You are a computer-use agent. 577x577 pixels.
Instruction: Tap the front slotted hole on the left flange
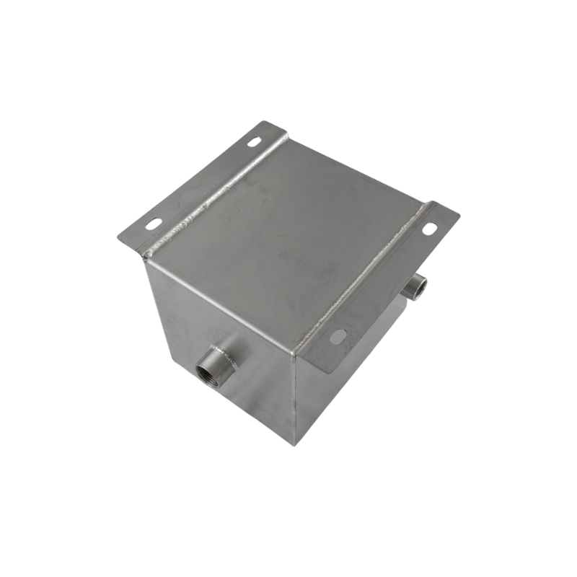pyautogui.click(x=154, y=224)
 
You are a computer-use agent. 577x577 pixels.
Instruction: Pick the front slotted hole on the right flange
pyautogui.click(x=338, y=335)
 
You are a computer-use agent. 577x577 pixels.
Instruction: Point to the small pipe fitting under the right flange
pyautogui.click(x=414, y=288)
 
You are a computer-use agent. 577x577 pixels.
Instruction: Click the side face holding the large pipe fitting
pyautogui.click(x=216, y=339)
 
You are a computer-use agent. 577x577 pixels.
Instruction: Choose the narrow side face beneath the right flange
pyautogui.click(x=346, y=375)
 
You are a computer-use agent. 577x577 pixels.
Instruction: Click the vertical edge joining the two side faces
pyautogui.click(x=292, y=397)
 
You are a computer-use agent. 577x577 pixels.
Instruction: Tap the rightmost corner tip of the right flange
pyautogui.click(x=459, y=216)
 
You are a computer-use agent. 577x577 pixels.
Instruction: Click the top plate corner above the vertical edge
pyautogui.click(x=291, y=354)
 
